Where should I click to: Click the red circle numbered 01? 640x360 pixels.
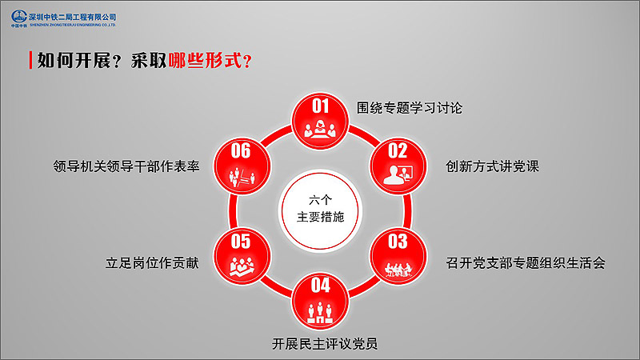(320, 121)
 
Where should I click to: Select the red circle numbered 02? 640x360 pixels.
(398, 166)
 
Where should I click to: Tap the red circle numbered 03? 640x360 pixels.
(398, 256)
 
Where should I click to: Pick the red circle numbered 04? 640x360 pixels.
(320, 301)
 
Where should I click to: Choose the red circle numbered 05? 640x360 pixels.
(242, 256)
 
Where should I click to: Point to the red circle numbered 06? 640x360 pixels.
(242, 166)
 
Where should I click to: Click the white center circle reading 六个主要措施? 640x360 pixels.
(320, 210)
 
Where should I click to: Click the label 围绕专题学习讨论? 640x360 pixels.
(410, 108)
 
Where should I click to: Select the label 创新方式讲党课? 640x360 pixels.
(492, 166)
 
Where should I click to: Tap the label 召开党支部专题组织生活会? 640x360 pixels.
(526, 263)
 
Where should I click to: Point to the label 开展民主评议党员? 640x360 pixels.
(325, 344)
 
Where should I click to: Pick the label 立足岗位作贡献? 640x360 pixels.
(152, 263)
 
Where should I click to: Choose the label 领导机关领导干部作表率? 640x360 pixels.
(126, 166)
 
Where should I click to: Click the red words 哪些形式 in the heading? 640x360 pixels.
(205, 61)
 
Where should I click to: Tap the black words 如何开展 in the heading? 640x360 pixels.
(74, 61)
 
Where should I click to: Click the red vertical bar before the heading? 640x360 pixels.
(30, 61)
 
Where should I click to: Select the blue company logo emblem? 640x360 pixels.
(19, 17)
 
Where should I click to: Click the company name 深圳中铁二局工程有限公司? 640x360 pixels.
(73, 17)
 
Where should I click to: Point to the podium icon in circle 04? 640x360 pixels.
(320, 313)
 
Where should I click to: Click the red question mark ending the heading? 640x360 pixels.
(247, 62)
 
